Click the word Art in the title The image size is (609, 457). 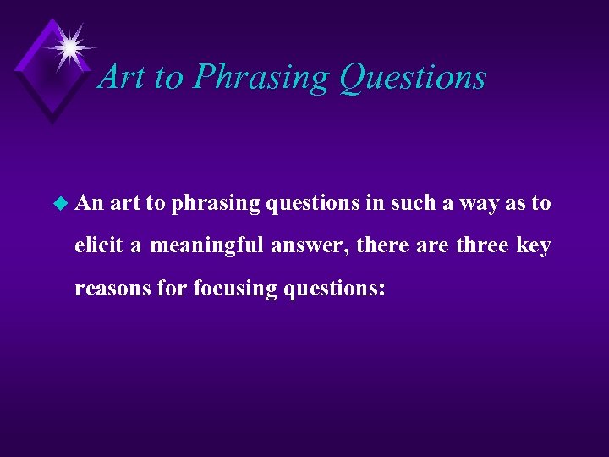[122, 77]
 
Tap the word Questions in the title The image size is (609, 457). [412, 77]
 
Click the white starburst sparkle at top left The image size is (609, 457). [68, 47]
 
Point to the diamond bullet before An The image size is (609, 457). [58, 204]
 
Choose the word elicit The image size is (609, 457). [98, 245]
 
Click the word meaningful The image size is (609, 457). [207, 246]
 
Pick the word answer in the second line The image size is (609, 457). [310, 247]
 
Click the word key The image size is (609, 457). [535, 246]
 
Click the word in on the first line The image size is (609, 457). [375, 203]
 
